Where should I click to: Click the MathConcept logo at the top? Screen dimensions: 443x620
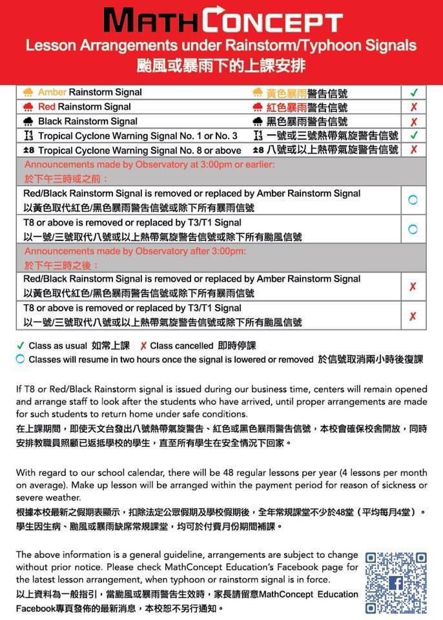click(x=222, y=21)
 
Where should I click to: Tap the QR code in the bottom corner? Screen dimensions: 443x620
click(x=395, y=583)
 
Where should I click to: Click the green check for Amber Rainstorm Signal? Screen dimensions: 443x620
click(x=413, y=92)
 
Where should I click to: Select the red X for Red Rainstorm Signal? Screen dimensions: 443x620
click(x=413, y=107)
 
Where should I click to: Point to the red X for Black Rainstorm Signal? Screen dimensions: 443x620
click(x=413, y=122)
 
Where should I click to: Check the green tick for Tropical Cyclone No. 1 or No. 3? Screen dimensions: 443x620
click(x=413, y=136)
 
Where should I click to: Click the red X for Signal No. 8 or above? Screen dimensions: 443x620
click(x=413, y=150)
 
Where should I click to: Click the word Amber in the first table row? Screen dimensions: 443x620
click(x=52, y=92)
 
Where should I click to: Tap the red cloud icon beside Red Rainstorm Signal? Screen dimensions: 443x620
click(x=28, y=107)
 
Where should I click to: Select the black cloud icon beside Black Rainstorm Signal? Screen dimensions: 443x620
click(x=28, y=121)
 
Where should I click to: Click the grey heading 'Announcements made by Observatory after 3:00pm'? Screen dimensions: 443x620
click(x=135, y=251)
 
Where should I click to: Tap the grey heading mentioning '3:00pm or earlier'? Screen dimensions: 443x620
click(x=149, y=165)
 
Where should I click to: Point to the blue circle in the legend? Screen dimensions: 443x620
click(x=21, y=359)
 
